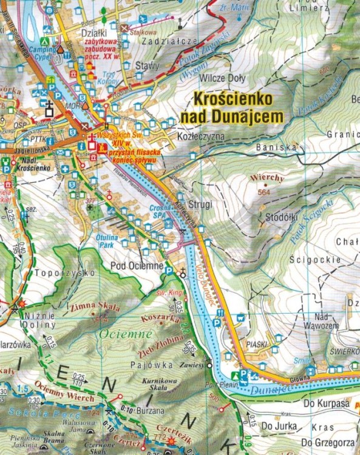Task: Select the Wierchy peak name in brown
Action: point(263,178)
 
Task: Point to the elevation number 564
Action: point(263,191)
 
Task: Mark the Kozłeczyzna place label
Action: point(202,137)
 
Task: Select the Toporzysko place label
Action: point(57,273)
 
